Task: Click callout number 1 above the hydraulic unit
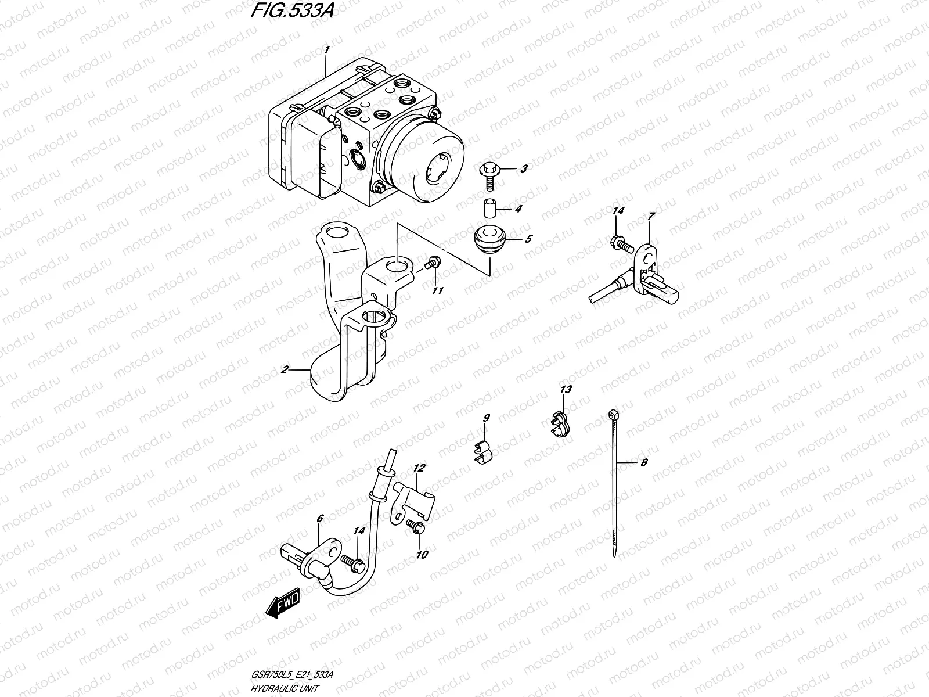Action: click(327, 51)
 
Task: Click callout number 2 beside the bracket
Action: click(285, 369)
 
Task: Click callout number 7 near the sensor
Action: click(651, 216)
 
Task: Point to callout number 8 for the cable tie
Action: click(643, 462)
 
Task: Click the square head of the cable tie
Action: click(613, 414)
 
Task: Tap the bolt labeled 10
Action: click(416, 526)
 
